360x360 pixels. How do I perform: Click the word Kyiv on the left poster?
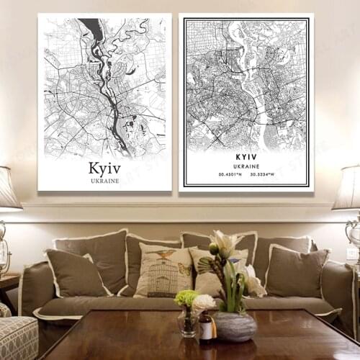pos(104,168)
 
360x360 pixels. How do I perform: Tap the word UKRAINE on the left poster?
pos(104,180)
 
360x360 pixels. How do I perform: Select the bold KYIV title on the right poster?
pos(246,156)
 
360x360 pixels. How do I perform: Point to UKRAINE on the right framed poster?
pos(246,166)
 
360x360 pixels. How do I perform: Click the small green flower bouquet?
pos(186,297)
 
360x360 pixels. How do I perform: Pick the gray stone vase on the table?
pos(235,325)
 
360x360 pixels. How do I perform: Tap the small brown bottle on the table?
pos(206,329)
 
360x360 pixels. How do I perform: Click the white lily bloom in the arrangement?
pos(225,243)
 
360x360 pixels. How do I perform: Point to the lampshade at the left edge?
pos(8,188)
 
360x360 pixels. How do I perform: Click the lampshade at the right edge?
pos(348,188)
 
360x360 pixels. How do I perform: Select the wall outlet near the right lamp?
pos(352,254)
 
